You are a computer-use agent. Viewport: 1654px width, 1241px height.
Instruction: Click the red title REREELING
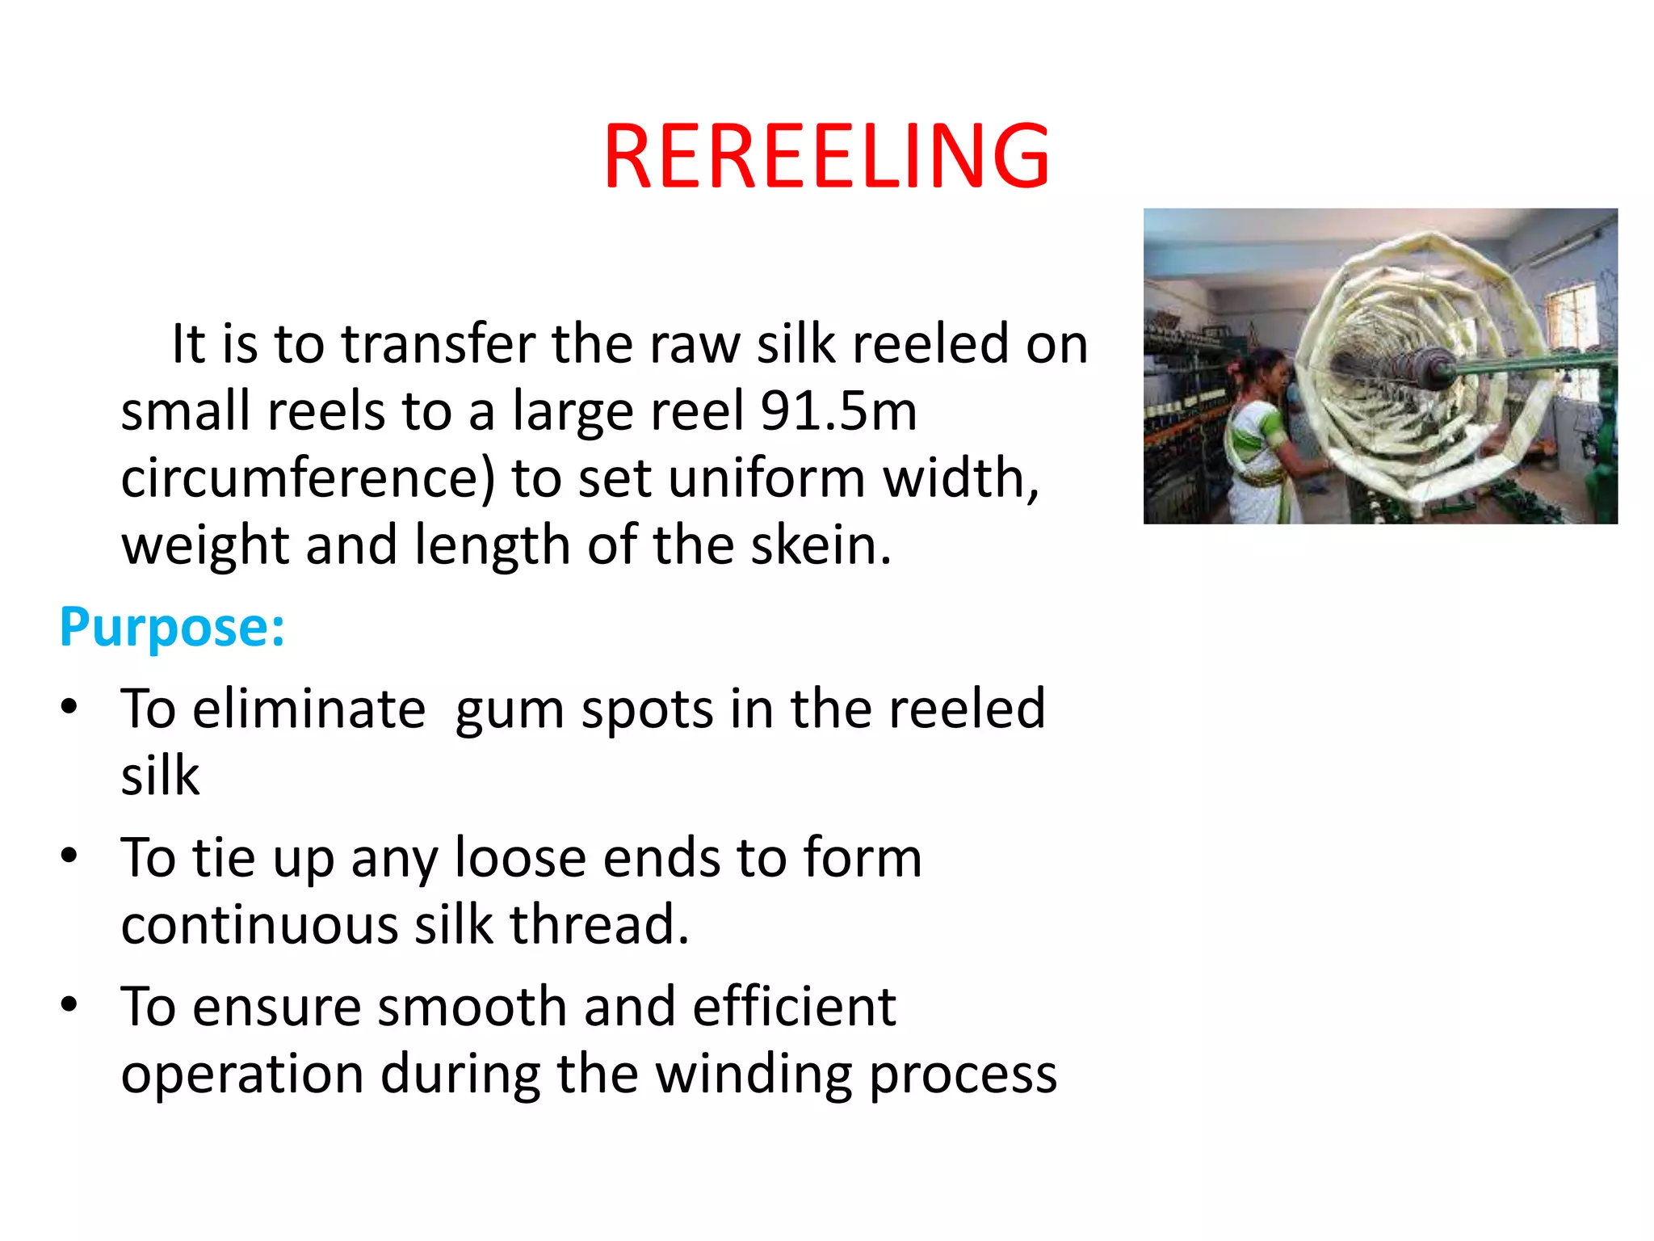(x=826, y=156)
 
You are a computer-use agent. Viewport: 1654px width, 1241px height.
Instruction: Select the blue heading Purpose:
(x=172, y=627)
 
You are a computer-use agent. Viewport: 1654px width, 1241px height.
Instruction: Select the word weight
(x=204, y=546)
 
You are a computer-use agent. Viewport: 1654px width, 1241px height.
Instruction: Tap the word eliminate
(x=309, y=709)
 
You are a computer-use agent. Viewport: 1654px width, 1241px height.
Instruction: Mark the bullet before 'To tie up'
(x=69, y=855)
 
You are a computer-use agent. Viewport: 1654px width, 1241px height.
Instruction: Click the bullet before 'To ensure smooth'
(x=69, y=1004)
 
